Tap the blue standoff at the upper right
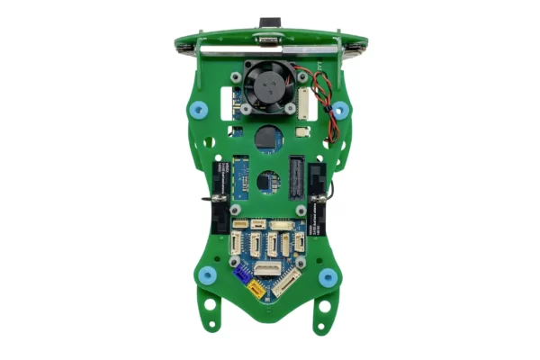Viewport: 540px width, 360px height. [339, 109]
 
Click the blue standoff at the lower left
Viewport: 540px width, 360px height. [207, 274]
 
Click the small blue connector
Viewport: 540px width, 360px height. [241, 274]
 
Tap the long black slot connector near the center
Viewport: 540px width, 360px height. [293, 175]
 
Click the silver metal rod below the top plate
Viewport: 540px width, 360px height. [270, 51]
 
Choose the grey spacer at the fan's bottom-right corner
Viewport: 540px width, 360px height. [292, 110]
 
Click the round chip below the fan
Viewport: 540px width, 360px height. [267, 138]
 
